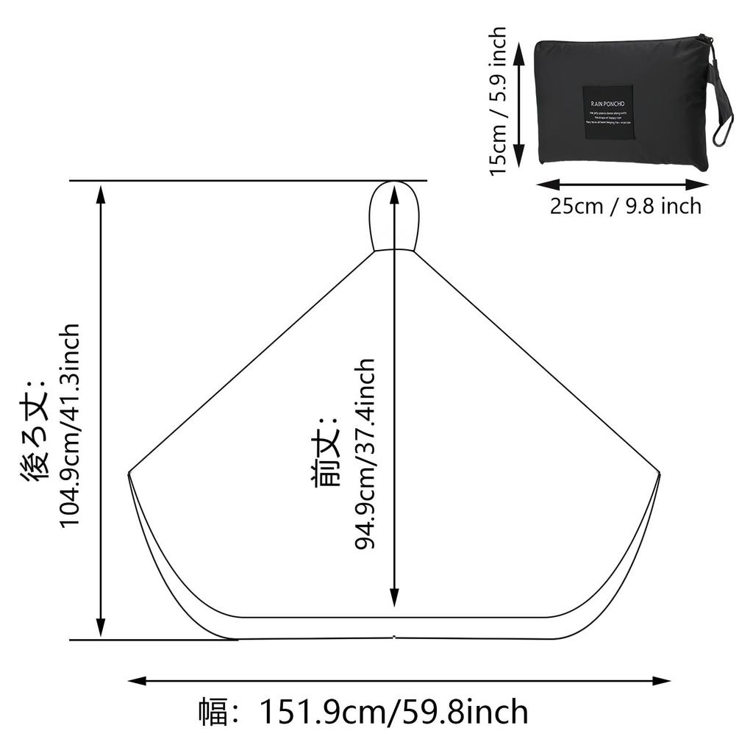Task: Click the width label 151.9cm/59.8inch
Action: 393,713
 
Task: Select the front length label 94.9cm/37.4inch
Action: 365,454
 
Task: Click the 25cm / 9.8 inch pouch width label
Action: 626,206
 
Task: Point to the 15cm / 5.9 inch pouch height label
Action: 499,101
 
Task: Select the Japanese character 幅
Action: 213,713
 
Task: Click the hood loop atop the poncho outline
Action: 394,215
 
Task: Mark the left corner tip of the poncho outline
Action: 129,471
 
